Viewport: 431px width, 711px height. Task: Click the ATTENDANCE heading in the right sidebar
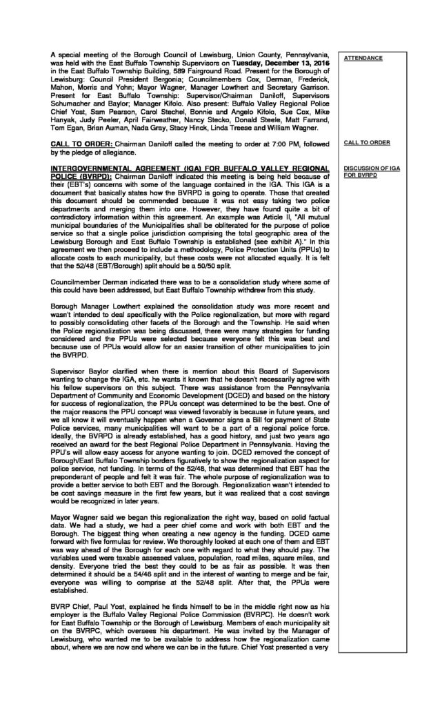tap(363, 58)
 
